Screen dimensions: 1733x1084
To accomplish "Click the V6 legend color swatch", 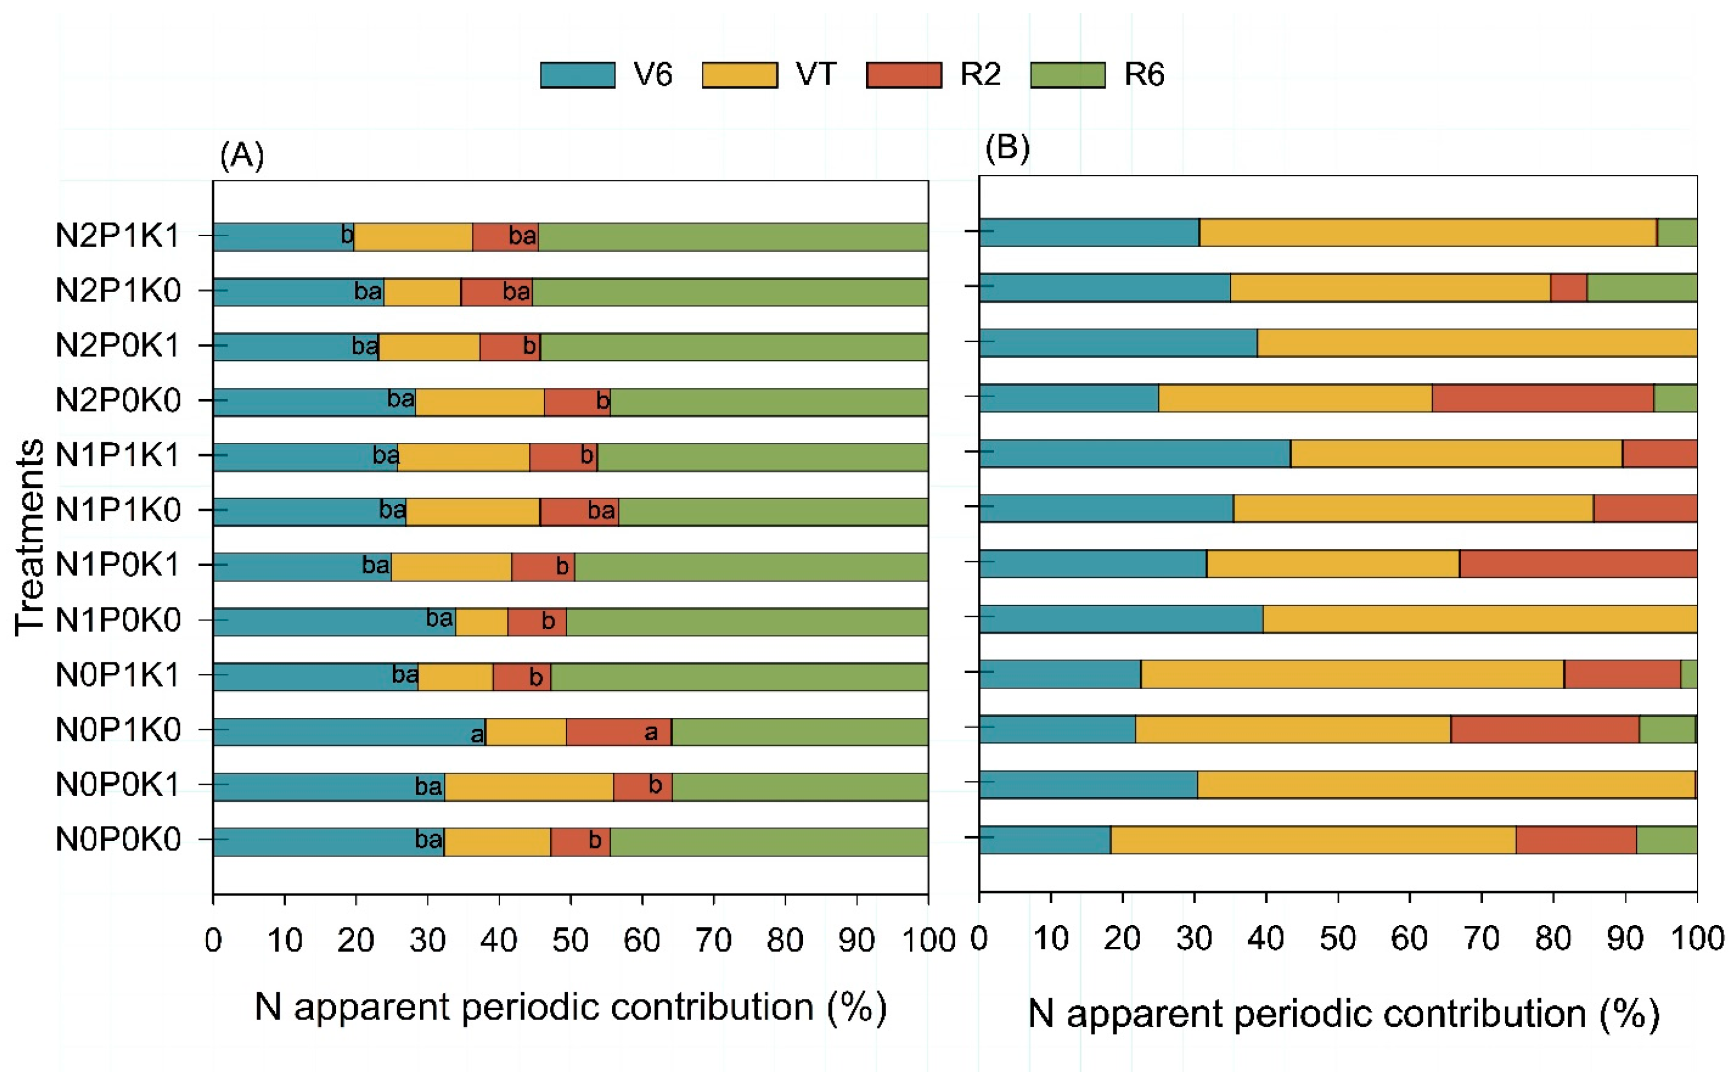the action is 577,75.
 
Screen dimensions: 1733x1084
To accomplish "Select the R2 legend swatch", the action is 904,75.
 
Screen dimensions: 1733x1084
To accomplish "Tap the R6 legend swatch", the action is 1067,75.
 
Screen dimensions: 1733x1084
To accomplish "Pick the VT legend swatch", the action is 740,75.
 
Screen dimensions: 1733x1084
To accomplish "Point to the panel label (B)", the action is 1007,147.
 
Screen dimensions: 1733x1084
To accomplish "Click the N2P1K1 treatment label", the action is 118,235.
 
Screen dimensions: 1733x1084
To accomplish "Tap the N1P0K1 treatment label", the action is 118,564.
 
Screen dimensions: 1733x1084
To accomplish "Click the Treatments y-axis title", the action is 30,537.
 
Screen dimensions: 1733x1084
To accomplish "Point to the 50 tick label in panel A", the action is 570,939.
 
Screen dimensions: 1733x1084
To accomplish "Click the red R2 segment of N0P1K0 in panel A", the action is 618,732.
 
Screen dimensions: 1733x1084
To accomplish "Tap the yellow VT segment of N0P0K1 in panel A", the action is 529,787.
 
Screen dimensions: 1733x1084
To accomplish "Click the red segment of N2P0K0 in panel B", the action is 1543,398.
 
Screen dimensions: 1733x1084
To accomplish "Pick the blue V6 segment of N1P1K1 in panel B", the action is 1135,453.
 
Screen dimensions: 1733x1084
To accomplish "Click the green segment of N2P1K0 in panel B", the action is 1641,287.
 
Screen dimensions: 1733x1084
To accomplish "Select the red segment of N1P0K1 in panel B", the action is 1577,563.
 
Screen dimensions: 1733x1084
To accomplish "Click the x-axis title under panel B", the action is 1344,1013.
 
